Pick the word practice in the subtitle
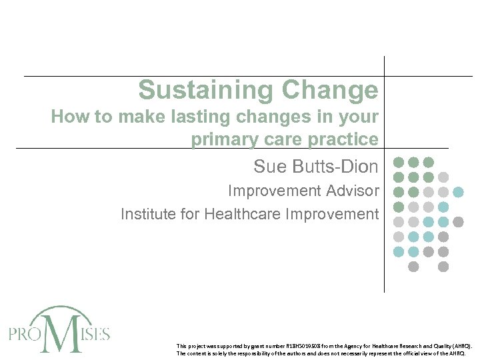345,140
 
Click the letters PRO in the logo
25,333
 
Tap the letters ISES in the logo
93,333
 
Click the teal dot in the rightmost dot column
459,192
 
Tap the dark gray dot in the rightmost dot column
459,221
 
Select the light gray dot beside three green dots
443,177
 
